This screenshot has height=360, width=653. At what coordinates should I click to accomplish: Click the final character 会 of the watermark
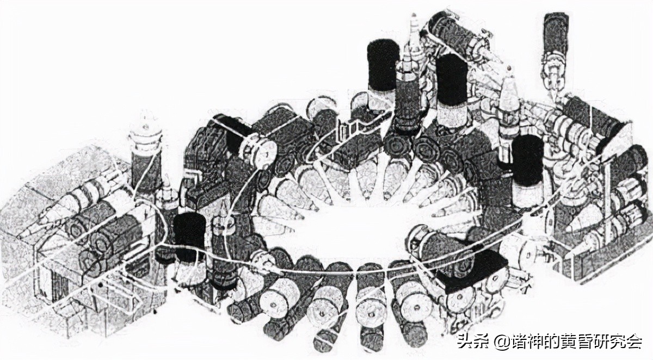coord(634,341)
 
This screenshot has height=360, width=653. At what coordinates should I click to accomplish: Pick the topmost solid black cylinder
coord(383,65)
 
